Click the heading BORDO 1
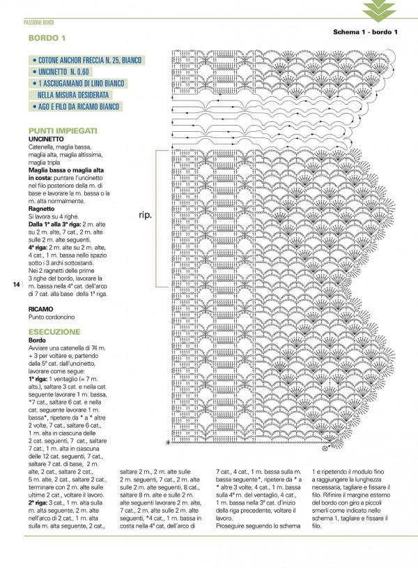(x=47, y=38)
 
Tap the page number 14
(x=16, y=285)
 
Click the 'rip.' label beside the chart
(x=145, y=215)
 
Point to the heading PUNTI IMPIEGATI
(x=63, y=130)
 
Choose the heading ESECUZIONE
(x=54, y=331)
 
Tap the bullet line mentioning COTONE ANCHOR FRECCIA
(x=86, y=61)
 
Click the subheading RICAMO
(x=40, y=308)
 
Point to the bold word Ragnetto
(x=42, y=209)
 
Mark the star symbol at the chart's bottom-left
(x=168, y=443)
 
